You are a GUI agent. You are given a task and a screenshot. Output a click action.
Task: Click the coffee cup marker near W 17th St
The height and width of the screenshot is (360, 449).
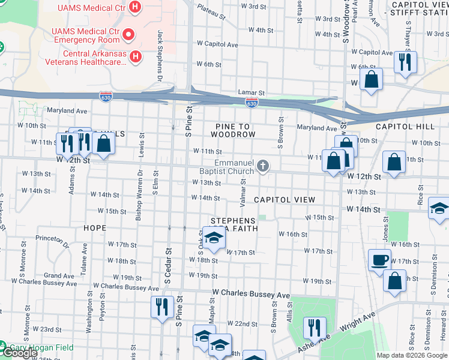point(379,260)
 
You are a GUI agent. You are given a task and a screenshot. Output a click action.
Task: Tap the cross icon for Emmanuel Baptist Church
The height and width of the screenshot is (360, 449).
point(262,166)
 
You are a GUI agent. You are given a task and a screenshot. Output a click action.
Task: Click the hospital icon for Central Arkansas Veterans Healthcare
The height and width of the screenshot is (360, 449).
point(136,57)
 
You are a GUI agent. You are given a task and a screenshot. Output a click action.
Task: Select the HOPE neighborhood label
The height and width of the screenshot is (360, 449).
point(95,228)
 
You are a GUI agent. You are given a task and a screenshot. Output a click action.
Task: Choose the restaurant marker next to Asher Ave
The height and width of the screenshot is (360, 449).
point(315,328)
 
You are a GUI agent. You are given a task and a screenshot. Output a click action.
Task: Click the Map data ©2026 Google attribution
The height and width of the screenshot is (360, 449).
point(412,355)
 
